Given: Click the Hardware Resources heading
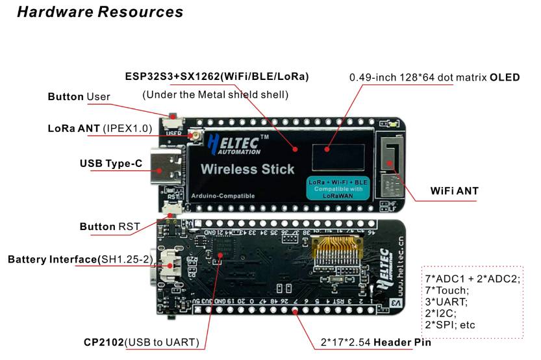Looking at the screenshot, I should (x=100, y=12).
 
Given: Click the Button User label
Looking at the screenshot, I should (x=79, y=97).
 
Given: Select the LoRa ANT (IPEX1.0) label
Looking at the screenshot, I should (x=100, y=128).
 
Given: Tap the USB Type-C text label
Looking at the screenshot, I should (x=110, y=163).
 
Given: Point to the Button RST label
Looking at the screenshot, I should (x=109, y=227).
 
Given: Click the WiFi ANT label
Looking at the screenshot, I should (x=454, y=191).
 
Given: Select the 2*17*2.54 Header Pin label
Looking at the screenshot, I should (x=375, y=342).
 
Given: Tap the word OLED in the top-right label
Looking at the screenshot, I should (x=505, y=77).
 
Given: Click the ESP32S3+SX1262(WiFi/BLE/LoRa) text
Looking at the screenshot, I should (x=216, y=77).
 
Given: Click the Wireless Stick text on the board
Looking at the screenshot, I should (x=247, y=170).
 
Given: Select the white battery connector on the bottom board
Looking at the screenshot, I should (x=172, y=262).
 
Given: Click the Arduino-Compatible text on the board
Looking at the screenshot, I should (x=223, y=196).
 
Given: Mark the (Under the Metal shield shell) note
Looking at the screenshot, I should (x=214, y=96).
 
